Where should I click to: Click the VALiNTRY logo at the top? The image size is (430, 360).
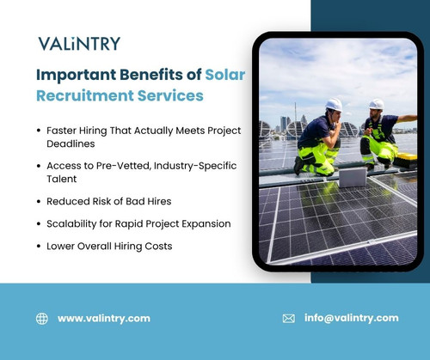[79, 44]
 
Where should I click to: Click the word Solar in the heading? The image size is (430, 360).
[224, 75]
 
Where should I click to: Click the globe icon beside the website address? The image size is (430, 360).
[42, 318]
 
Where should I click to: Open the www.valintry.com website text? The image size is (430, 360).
[103, 318]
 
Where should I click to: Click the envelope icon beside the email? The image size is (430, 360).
[289, 318]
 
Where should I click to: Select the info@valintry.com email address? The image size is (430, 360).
[351, 318]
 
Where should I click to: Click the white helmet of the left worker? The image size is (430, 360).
[334, 104]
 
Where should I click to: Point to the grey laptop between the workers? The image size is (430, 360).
[352, 176]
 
